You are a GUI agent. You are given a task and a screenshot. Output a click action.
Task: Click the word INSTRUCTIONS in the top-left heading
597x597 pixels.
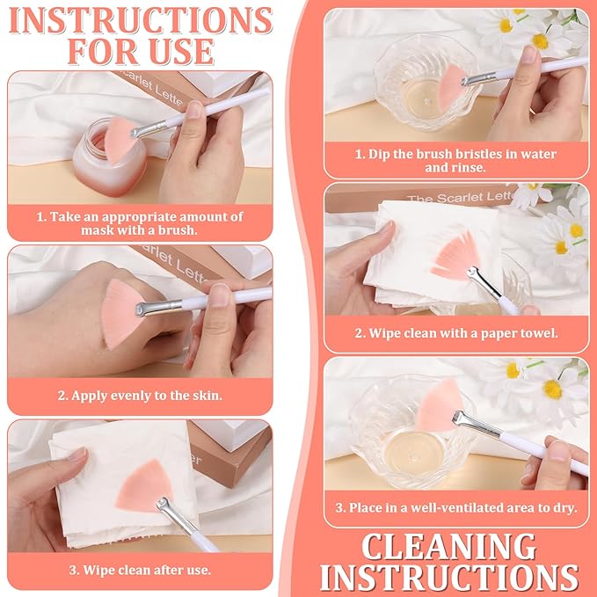tap(141, 20)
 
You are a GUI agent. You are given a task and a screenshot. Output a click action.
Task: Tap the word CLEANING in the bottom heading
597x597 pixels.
tap(448, 547)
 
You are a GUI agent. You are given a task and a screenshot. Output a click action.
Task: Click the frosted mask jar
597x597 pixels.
tap(108, 158)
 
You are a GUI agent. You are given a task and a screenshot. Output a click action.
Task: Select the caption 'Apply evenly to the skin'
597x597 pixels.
tap(140, 396)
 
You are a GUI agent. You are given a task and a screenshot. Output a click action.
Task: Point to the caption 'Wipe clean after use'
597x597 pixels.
tap(140, 571)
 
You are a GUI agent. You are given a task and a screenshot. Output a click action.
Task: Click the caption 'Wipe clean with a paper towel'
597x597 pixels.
tap(456, 333)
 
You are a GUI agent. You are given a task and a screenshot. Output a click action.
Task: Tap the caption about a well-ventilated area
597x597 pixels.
tap(456, 507)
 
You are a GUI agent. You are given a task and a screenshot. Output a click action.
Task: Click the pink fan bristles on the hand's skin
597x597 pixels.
tap(120, 313)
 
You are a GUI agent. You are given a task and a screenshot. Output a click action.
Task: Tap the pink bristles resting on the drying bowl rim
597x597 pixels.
tap(440, 405)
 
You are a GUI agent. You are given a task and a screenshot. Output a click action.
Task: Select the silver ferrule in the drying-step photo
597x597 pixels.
tap(476, 424)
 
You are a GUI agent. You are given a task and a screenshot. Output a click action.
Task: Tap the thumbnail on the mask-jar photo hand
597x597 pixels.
tap(195, 109)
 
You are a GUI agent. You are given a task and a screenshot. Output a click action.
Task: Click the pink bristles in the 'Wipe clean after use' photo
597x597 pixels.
tap(143, 484)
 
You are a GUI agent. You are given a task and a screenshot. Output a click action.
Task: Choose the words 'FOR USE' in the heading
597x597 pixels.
tap(141, 51)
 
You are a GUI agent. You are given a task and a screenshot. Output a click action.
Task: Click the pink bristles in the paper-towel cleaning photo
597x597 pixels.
tap(455, 256)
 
